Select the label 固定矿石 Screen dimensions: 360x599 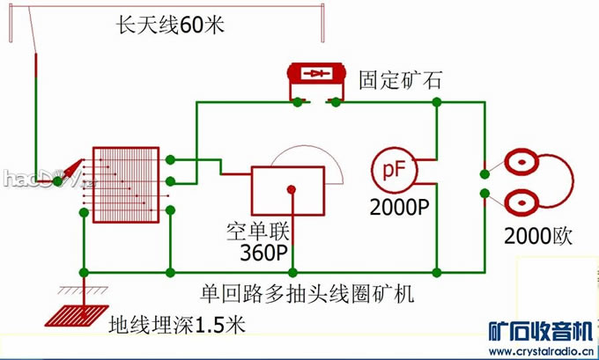(399, 81)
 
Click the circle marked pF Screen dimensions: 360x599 (389, 170)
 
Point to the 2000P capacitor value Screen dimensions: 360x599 (399, 209)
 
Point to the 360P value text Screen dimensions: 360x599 (264, 253)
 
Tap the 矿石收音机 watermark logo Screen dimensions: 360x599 (539, 331)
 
